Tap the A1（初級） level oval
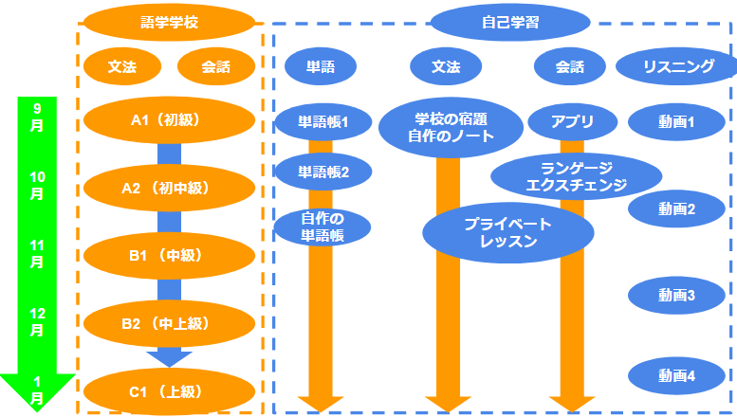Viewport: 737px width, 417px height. click(x=169, y=120)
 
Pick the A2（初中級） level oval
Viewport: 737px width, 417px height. click(x=169, y=188)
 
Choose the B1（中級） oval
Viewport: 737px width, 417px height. click(x=169, y=255)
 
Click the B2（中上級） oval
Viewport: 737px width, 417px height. click(x=169, y=323)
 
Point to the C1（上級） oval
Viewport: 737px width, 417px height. click(x=169, y=390)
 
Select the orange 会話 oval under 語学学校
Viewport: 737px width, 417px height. click(x=215, y=66)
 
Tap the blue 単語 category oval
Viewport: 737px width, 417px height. click(x=319, y=66)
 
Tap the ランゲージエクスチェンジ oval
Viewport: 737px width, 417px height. click(x=577, y=176)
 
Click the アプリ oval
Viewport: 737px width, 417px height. click(x=573, y=121)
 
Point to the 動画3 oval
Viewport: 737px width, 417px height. click(x=677, y=295)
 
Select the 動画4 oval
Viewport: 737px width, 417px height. click(x=677, y=375)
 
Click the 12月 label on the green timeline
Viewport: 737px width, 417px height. click(x=37, y=322)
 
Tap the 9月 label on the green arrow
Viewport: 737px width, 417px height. click(x=37, y=117)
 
